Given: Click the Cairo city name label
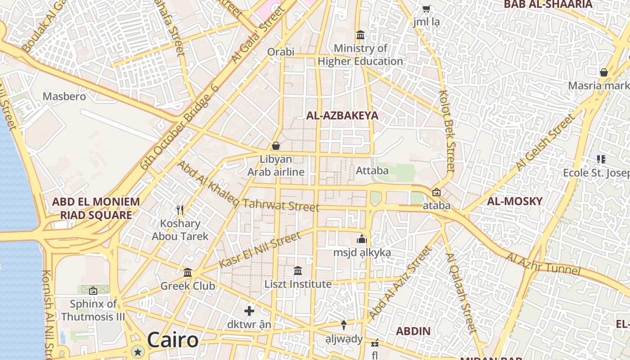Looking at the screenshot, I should pyautogui.click(x=173, y=340).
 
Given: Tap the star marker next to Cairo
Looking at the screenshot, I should pyautogui.click(x=138, y=351).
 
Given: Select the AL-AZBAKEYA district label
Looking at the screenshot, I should pyautogui.click(x=342, y=116).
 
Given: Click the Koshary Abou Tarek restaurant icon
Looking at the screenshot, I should pyautogui.click(x=180, y=210).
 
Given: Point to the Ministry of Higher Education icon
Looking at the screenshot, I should pyautogui.click(x=360, y=35).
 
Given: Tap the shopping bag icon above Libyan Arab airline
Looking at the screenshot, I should pyautogui.click(x=276, y=146).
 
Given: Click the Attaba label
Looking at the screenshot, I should pyautogui.click(x=372, y=171).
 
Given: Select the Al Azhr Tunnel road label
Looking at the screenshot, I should pyautogui.click(x=543, y=264).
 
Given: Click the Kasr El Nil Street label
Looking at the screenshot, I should pyautogui.click(x=260, y=250).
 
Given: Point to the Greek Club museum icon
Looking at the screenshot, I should pyautogui.click(x=188, y=273).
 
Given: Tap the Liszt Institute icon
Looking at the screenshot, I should pyautogui.click(x=298, y=271).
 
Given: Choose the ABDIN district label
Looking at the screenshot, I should pyautogui.click(x=413, y=331).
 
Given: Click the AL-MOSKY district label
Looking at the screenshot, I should pyautogui.click(x=515, y=201).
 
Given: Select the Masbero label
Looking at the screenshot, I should pyautogui.click(x=64, y=96).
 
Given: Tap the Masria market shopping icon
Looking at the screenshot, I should pyautogui.click(x=604, y=72).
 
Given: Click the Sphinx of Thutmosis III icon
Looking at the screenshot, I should pyautogui.click(x=93, y=291).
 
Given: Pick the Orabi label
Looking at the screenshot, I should pyautogui.click(x=281, y=52).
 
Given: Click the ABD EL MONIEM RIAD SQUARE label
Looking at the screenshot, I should pyautogui.click(x=96, y=208).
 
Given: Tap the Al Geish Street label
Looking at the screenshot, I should pyautogui.click(x=545, y=142).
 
